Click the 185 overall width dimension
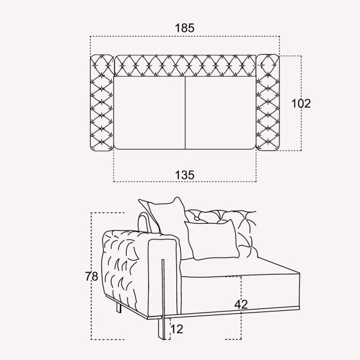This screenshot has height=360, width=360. coord(185,28)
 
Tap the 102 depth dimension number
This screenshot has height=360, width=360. coord(301,103)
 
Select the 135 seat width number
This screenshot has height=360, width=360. coord(185,175)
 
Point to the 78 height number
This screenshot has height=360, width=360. coord(92,276)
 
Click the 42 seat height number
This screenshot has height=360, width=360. coord(241,304)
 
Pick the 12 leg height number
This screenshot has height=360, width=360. coord(177,329)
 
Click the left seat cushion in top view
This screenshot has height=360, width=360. coord(149,113)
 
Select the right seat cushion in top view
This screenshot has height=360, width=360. coord(220,113)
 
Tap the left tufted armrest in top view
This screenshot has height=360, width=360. coord(102,103)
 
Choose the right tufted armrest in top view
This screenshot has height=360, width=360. coord(268,103)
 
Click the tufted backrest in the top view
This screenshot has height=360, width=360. coord(185,65)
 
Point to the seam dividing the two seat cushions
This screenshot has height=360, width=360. coord(185,113)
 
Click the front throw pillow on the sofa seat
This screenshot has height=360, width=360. coord(212,239)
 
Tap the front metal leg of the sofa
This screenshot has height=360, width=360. coord(163,299)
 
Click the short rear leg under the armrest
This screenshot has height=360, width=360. coord(119,308)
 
